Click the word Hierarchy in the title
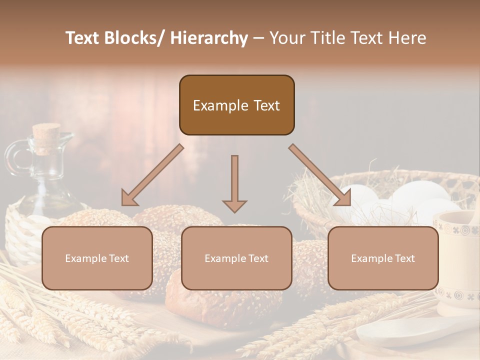pos(209,38)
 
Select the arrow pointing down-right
pos(320,175)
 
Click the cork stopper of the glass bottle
pos(46,132)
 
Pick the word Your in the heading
pos(285,38)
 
